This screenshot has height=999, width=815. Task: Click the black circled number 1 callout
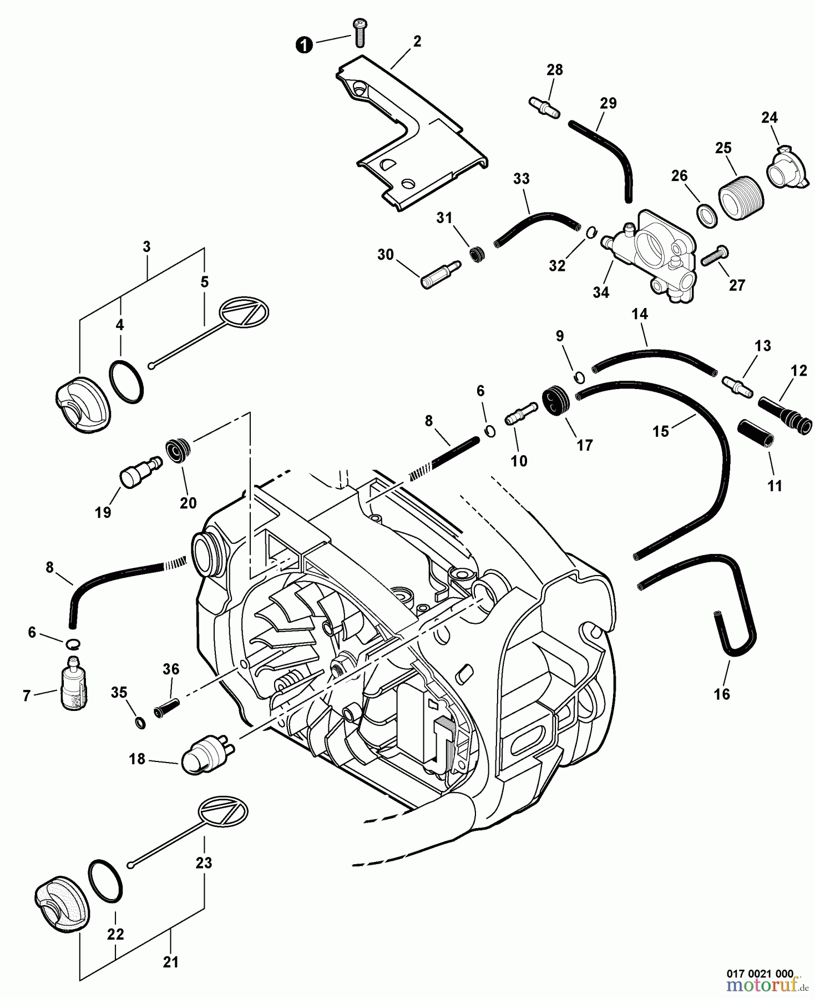coord(303,45)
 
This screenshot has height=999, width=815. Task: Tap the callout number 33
coord(521,179)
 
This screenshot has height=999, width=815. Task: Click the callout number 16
coord(721,694)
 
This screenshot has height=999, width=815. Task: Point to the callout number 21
coord(170,962)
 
